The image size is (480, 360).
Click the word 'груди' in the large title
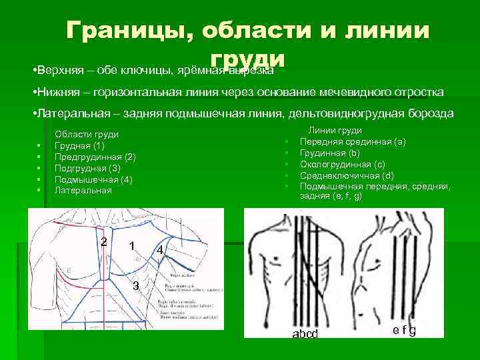(x=247, y=59)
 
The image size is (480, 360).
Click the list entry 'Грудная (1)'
(x=79, y=146)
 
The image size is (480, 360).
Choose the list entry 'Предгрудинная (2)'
(x=95, y=157)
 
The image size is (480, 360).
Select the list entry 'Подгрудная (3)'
(x=87, y=169)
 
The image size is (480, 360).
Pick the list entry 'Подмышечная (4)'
(x=93, y=180)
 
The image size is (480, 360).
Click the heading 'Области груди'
(x=87, y=135)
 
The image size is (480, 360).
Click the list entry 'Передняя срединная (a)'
(x=353, y=142)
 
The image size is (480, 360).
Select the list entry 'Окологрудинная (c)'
(x=343, y=164)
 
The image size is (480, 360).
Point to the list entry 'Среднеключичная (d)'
(x=347, y=175)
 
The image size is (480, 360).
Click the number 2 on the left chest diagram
(x=103, y=240)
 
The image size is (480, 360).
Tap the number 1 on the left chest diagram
(x=133, y=245)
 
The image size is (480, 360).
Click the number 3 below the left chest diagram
(x=135, y=287)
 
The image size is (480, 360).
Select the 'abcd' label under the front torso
(x=305, y=333)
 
